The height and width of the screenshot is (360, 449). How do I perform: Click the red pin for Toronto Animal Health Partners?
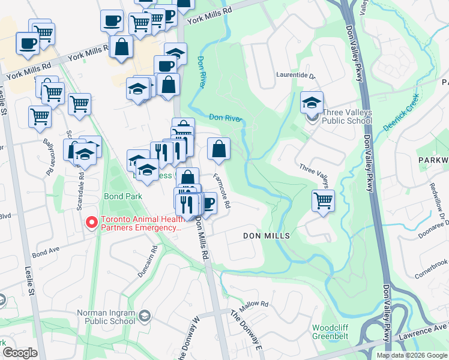coord(91,223)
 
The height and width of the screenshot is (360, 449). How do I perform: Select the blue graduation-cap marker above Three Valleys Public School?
coord(312,102)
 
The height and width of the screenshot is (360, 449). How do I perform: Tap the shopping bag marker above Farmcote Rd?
coord(219,148)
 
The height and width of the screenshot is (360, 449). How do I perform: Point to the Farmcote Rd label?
coord(222,191)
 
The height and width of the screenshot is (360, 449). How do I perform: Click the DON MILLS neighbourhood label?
coord(266,236)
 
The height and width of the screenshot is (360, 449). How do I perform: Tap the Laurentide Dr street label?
coord(295,76)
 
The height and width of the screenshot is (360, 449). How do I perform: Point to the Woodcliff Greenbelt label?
coord(336,332)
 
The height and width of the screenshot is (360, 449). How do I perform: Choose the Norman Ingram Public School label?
coord(106,316)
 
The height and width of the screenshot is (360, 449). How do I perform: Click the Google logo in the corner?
coord(20,353)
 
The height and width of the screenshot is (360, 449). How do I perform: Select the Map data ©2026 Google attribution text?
coord(411,355)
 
